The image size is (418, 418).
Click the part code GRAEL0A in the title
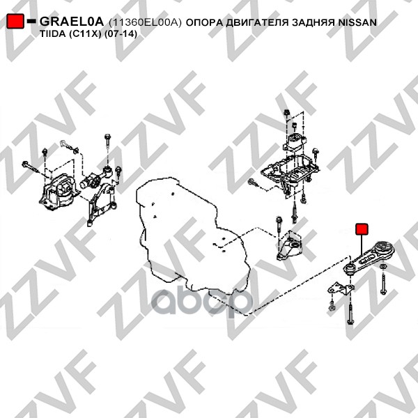click(x=72, y=22)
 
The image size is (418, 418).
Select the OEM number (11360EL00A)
click(x=145, y=23)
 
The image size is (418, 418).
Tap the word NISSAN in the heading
click(x=357, y=22)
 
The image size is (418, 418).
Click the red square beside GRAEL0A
click(x=15, y=21)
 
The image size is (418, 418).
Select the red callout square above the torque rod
click(x=362, y=229)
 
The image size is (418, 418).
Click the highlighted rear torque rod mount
click(x=368, y=258)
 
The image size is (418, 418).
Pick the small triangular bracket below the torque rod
click(x=341, y=290)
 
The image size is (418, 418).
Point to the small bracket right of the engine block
click(x=290, y=246)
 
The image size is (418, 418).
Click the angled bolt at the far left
click(x=31, y=167)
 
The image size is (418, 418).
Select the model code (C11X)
click(x=85, y=34)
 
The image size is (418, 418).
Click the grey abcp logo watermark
click(x=201, y=302)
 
